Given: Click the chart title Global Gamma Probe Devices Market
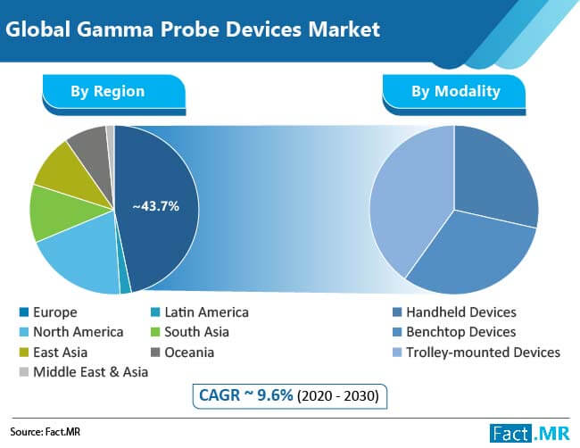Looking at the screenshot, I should (x=192, y=29).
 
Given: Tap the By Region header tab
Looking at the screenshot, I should (x=108, y=91).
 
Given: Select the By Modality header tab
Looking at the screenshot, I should (x=455, y=91).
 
